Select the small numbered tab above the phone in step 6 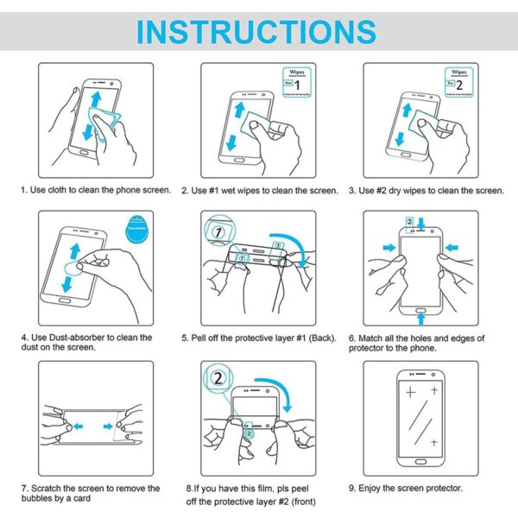tap(409, 222)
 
